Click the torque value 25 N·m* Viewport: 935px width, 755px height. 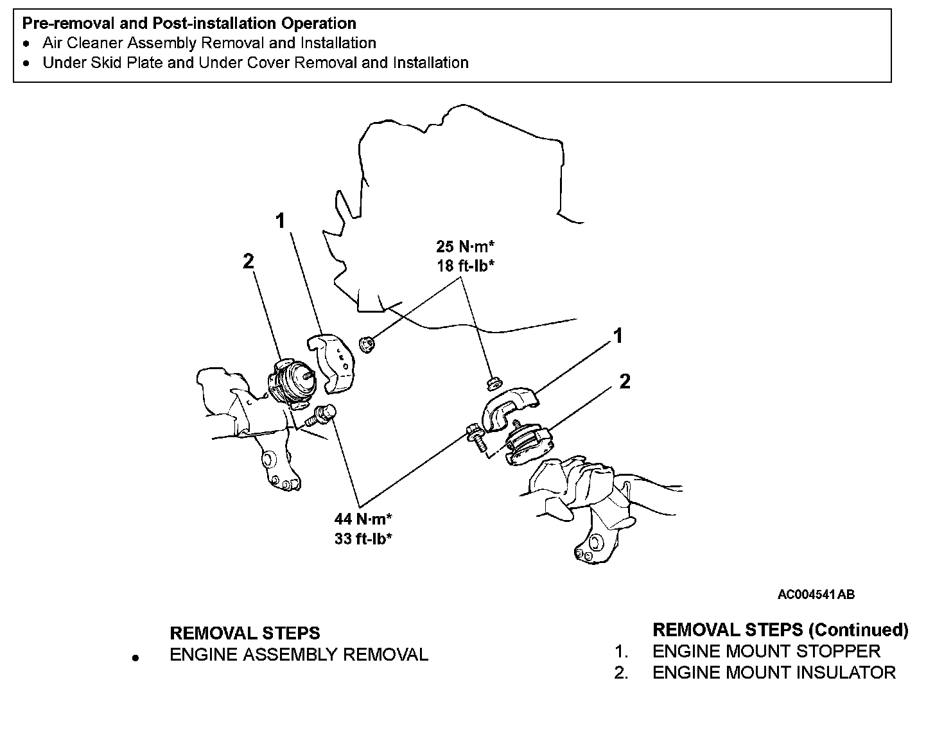point(466,247)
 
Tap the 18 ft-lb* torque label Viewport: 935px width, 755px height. point(466,265)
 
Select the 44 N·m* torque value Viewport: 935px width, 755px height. point(363,519)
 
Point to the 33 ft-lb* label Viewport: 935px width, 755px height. point(363,539)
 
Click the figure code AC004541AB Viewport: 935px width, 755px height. point(816,594)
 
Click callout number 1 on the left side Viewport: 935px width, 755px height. point(280,221)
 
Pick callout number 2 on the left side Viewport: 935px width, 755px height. point(248,261)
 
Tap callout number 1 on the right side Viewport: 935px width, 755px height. point(618,336)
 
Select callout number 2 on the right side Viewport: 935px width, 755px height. point(625,382)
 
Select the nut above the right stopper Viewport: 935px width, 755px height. point(493,384)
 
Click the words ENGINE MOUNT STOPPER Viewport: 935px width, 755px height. point(765,651)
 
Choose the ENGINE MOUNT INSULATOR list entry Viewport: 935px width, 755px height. point(773,673)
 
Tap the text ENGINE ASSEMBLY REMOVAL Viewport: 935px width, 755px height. point(299,655)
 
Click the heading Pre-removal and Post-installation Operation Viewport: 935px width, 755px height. point(189,24)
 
